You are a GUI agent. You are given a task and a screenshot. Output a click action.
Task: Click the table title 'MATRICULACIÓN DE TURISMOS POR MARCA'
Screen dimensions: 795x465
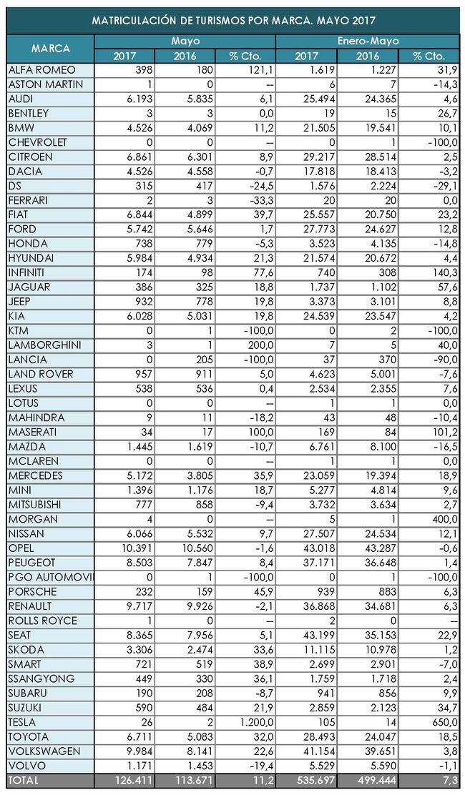tap(234, 21)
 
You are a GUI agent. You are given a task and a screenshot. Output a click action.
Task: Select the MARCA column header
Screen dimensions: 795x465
tap(50, 49)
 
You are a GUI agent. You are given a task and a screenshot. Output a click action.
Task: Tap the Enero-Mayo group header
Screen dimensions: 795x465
tap(368, 41)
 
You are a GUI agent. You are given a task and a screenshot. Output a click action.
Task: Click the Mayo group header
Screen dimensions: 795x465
tap(185, 41)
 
